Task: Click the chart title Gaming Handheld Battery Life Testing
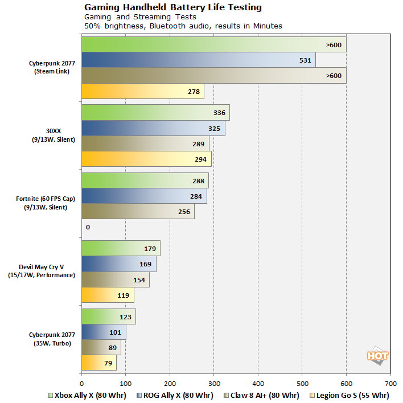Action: click(173, 7)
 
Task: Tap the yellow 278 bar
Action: click(142, 91)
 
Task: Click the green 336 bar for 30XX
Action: click(155, 112)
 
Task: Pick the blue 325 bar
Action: click(153, 128)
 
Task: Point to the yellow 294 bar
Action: click(146, 159)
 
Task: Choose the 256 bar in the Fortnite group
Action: click(138, 211)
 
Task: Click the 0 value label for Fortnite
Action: click(88, 227)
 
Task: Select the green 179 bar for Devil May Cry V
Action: click(121, 248)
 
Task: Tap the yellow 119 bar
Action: click(108, 295)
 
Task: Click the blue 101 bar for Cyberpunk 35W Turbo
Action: click(104, 332)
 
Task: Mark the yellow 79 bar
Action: click(98, 363)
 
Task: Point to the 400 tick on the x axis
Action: click(258, 384)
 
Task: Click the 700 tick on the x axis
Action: click(390, 384)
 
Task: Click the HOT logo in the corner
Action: click(377, 356)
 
